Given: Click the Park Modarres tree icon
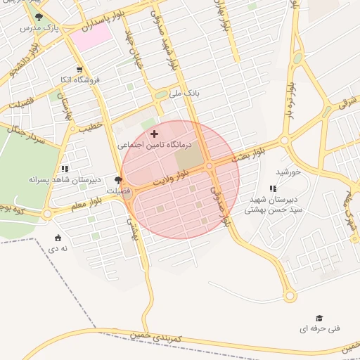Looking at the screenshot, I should [x=39, y=17].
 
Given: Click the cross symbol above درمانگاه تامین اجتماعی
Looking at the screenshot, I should [x=155, y=133].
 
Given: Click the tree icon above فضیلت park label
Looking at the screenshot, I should [x=117, y=180].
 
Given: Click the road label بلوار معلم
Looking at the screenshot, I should [x=86, y=202].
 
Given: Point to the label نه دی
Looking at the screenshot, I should [x=58, y=248].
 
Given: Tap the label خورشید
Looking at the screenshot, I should [x=288, y=172].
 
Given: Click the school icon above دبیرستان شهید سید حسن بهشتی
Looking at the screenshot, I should [x=273, y=188].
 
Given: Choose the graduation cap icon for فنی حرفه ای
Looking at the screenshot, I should [x=319, y=318].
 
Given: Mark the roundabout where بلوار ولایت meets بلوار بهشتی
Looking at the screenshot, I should [x=210, y=166].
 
